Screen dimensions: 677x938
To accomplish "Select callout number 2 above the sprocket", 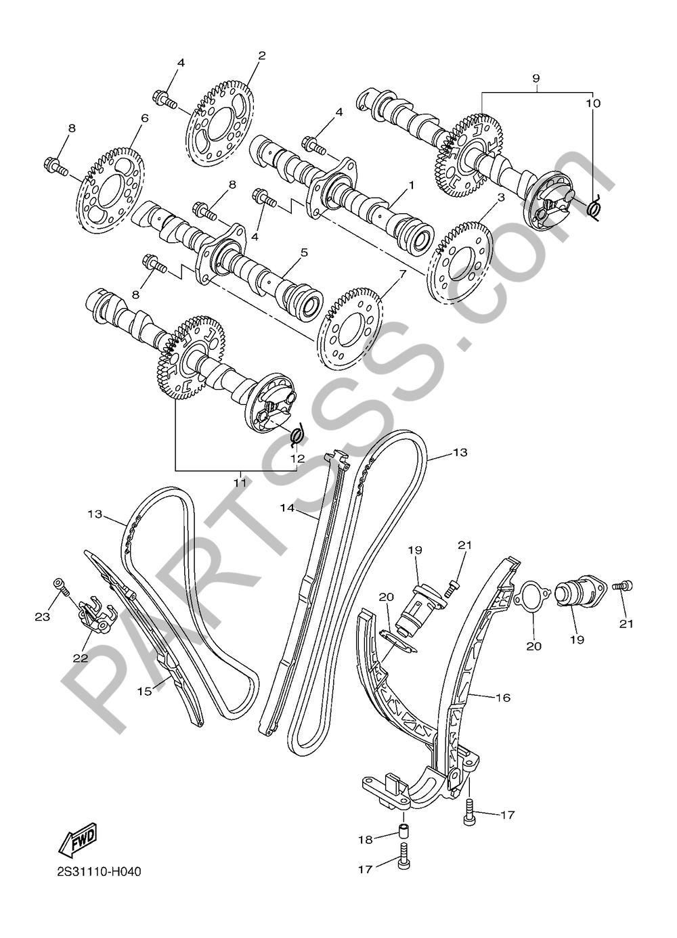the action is (x=261, y=55).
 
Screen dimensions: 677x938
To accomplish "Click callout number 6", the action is (x=144, y=118).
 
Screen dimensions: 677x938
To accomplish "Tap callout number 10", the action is (x=595, y=103).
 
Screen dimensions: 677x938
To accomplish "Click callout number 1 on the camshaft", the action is (x=412, y=185).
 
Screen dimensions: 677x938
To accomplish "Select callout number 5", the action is (x=304, y=252).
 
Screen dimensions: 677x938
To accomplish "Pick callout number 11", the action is (x=240, y=483).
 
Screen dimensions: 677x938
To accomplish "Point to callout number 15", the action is (x=144, y=691).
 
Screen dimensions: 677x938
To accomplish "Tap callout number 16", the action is (x=503, y=698).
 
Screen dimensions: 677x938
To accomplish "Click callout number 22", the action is (x=81, y=658).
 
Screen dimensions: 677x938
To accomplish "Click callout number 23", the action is (x=43, y=617).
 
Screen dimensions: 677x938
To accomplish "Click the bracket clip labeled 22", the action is (x=95, y=618).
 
